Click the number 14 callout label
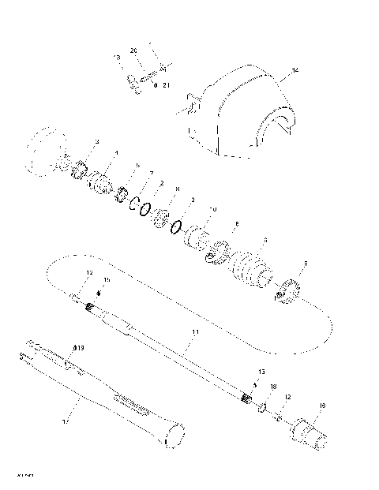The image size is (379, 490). pyautogui.click(x=295, y=71)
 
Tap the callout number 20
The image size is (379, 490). pyautogui.click(x=134, y=50)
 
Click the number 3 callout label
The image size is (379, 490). pyautogui.click(x=96, y=141)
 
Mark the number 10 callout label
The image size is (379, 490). pyautogui.click(x=212, y=209)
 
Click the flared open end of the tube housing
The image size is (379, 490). pyautogui.click(x=174, y=434)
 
